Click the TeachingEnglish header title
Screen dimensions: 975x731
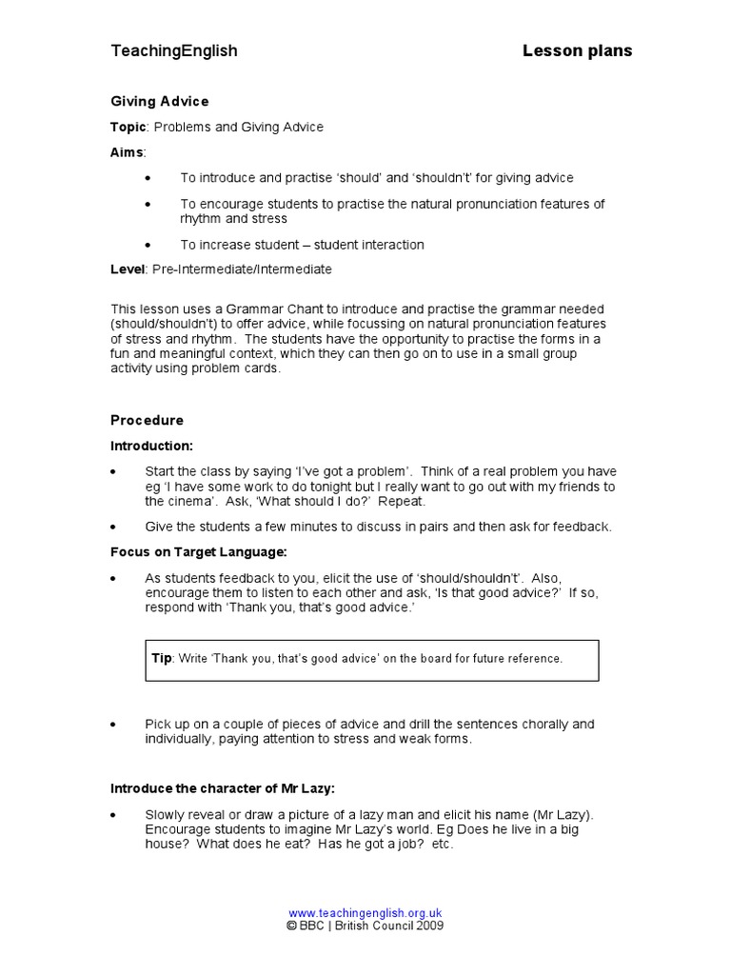pyautogui.click(x=174, y=51)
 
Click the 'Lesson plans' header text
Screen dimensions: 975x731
pyautogui.click(x=577, y=51)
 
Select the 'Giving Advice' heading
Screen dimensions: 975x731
pyautogui.click(x=159, y=101)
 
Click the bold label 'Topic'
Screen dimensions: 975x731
pyautogui.click(x=128, y=127)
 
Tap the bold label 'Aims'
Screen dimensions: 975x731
pyautogui.click(x=128, y=152)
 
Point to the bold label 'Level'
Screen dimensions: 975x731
pyautogui.click(x=128, y=269)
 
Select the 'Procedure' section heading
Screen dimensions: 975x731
pyautogui.click(x=147, y=420)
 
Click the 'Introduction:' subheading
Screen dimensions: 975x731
pyautogui.click(x=151, y=446)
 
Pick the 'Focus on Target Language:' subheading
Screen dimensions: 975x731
pyautogui.click(x=198, y=551)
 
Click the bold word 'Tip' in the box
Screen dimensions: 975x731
pyautogui.click(x=161, y=659)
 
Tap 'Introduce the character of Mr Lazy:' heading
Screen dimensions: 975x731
pyautogui.click(x=223, y=788)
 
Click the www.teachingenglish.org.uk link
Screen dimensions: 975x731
pyautogui.click(x=365, y=911)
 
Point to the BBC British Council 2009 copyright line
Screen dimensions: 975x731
pyautogui.click(x=365, y=925)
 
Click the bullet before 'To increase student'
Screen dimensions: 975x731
pyautogui.click(x=147, y=246)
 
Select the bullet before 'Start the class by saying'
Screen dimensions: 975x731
pyautogui.click(x=114, y=472)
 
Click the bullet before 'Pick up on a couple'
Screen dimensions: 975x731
pyautogui.click(x=114, y=726)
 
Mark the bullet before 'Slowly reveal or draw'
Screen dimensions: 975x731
pyautogui.click(x=114, y=816)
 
